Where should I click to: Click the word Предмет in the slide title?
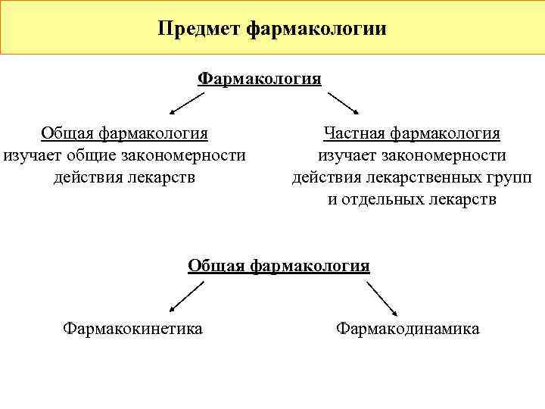198,29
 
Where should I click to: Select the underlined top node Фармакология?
260,79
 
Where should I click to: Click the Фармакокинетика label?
132,329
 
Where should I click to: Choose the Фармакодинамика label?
408,329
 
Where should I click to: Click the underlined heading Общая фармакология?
279,265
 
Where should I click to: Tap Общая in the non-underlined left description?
67,133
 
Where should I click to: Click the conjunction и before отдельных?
332,200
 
